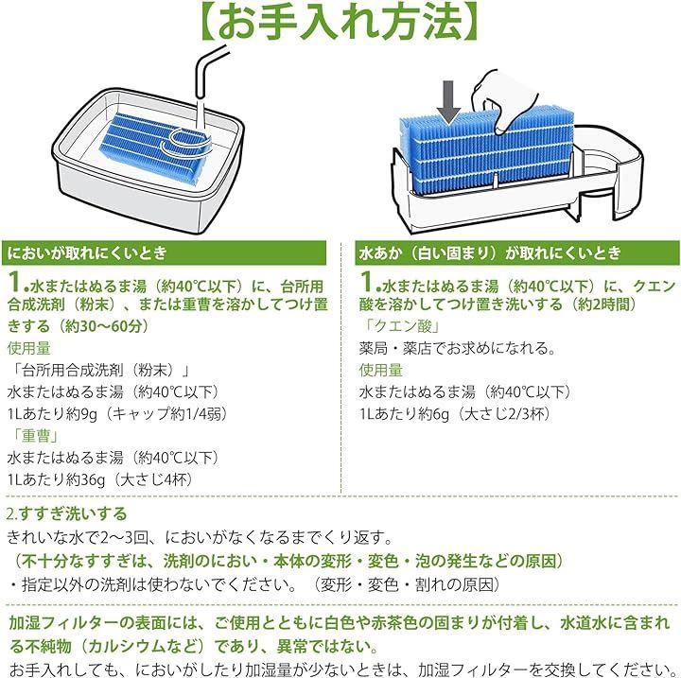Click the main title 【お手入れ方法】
[x=340, y=20]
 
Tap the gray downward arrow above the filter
[x=448, y=102]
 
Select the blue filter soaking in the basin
[x=156, y=146]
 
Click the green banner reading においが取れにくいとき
[x=165, y=252]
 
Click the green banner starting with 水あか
[x=517, y=252]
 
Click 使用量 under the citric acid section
[x=381, y=370]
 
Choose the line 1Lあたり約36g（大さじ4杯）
[x=100, y=479]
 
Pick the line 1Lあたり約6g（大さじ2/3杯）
[x=455, y=414]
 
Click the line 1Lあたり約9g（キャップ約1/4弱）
[x=117, y=414]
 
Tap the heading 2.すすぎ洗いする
[x=67, y=513]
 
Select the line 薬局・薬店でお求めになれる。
[x=458, y=348]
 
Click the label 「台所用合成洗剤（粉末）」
[x=99, y=370]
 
